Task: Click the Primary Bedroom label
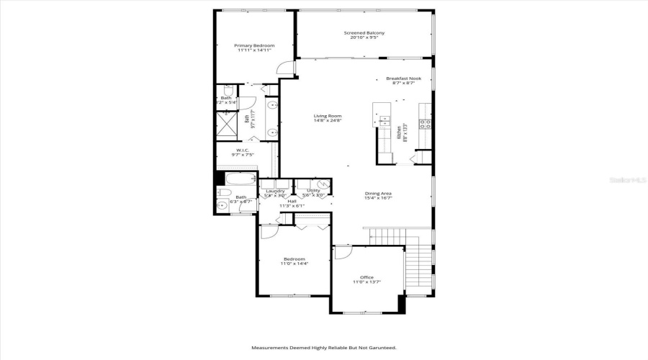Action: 254,45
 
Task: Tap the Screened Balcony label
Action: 364,33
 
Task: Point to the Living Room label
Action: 327,116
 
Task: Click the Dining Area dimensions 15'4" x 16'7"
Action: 377,198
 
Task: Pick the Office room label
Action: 366,277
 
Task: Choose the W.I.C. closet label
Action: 243,150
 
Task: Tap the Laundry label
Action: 275,191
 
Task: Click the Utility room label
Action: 313,191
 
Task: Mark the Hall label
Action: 292,201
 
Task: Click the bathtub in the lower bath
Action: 240,179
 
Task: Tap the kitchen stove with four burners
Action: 426,123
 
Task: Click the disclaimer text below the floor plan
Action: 323,348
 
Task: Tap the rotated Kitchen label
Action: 398,133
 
